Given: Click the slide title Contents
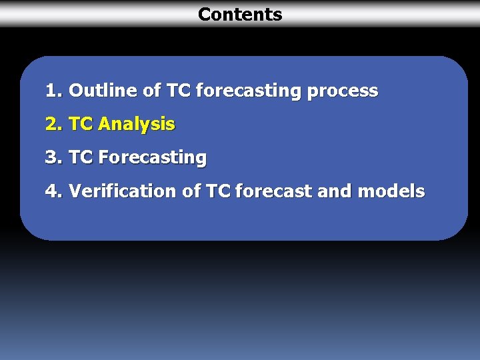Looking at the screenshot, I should [x=240, y=14].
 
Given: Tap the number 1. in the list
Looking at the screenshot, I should [x=54, y=91].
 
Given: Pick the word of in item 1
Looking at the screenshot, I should [x=153, y=91].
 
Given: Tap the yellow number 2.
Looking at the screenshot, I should [x=54, y=124].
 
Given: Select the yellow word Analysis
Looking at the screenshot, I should [x=136, y=125].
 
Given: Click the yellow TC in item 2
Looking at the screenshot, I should [x=81, y=124].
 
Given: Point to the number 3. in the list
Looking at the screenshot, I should [x=54, y=157].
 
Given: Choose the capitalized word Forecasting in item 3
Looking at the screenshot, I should [x=152, y=158].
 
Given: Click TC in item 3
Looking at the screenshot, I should [x=81, y=157].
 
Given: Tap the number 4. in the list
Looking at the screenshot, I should [x=54, y=191].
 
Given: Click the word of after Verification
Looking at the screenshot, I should [x=192, y=191].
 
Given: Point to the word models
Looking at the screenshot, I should [x=391, y=191].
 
